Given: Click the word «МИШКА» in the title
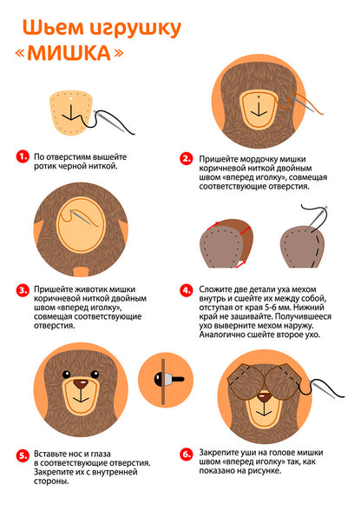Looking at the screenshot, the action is [x=69, y=53].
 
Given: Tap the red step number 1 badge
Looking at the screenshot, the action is [x=23, y=156].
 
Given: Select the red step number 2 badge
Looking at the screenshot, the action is [x=187, y=159].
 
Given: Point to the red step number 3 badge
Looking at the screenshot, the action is [x=23, y=290].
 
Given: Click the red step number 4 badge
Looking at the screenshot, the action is [x=187, y=290].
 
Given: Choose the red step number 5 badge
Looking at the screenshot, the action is [x=23, y=455].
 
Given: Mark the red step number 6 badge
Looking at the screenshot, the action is [x=187, y=454].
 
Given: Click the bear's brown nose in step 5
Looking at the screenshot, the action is [x=81, y=383].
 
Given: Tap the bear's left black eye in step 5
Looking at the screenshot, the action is [x=66, y=374].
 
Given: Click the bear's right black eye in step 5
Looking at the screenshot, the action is [x=95, y=374].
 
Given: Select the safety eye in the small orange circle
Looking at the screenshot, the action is [x=168, y=379].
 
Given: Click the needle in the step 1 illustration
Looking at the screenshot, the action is [x=109, y=122].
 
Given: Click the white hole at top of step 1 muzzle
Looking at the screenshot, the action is [x=70, y=97].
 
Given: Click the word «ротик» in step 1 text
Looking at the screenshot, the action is [x=43, y=166].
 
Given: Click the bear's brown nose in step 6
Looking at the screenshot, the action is [x=264, y=397].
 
